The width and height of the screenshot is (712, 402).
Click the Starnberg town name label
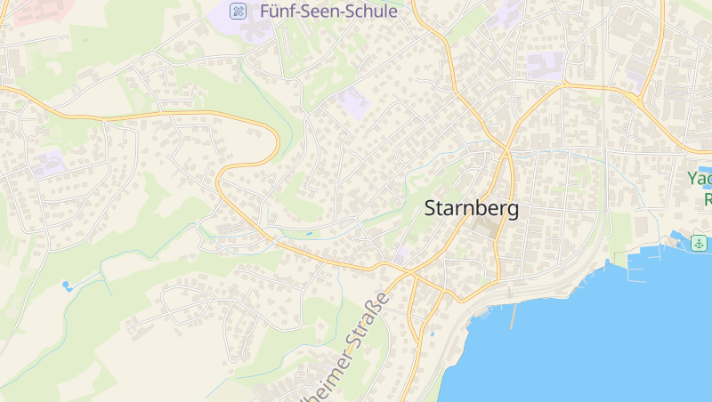[471, 209]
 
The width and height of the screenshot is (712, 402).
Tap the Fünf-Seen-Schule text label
[328, 12]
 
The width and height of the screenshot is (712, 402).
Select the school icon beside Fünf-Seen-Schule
[238, 11]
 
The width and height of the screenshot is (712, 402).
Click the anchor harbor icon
[700, 243]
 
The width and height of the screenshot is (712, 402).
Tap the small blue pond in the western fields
[67, 285]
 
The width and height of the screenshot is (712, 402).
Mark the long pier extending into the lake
[513, 315]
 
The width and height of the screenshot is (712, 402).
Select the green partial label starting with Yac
[700, 178]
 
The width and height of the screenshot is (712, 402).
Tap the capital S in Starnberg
[432, 209]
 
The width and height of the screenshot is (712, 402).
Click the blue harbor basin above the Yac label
[706, 171]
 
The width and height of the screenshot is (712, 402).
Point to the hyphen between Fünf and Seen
[295, 12]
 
